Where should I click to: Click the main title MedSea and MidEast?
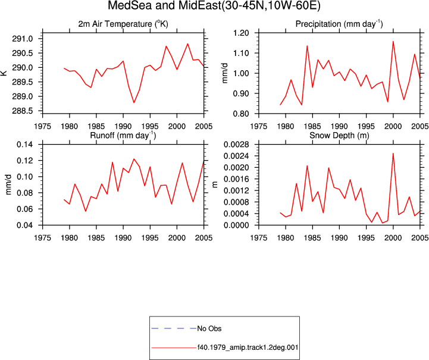click(214, 5)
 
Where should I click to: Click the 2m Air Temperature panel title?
click(123, 24)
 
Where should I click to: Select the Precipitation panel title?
click(339, 24)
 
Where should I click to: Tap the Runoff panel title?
click(123, 136)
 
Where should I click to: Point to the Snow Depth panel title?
click(339, 136)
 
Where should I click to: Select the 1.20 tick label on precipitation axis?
click(241, 33)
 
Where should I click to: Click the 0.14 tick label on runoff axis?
click(25, 145)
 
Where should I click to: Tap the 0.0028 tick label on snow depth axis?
click(236, 145)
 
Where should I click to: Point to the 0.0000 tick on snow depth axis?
click(236, 225)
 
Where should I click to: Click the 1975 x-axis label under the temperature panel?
click(42, 126)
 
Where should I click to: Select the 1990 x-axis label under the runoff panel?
click(123, 238)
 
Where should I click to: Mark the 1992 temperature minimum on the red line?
click(134, 102)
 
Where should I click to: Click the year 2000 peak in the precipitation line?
click(393, 42)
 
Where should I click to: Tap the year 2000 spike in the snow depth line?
click(393, 154)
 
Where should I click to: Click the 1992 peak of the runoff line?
click(134, 159)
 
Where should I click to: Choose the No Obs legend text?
click(209, 328)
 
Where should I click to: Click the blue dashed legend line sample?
click(174, 328)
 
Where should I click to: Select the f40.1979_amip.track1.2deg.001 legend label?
click(248, 348)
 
